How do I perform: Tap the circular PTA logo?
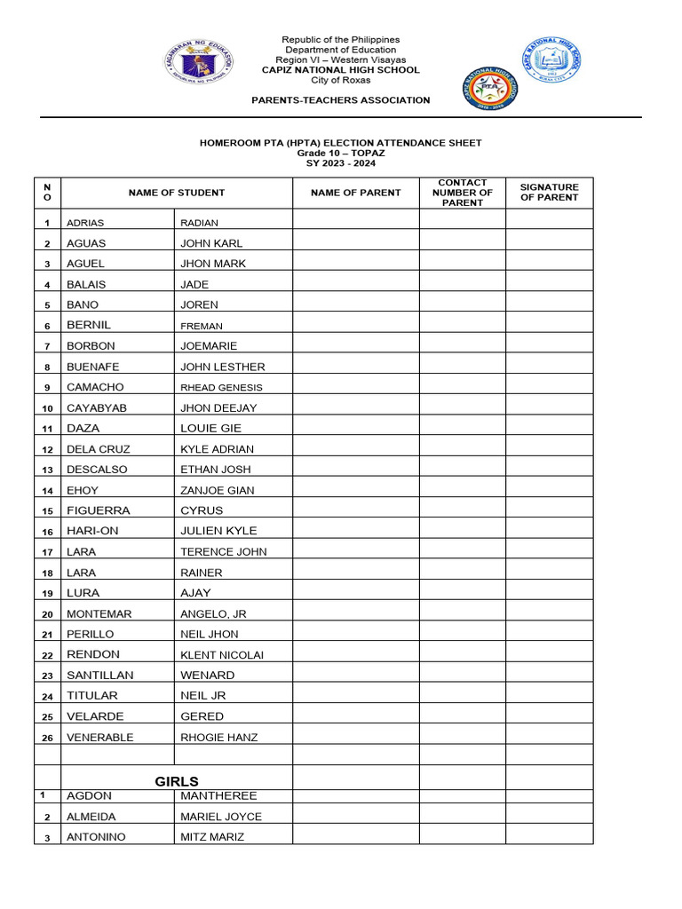[489, 90]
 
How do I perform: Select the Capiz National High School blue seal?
[551, 60]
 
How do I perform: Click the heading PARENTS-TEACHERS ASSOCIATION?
[341, 100]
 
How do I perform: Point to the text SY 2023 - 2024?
[341, 163]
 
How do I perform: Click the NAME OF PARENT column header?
[355, 193]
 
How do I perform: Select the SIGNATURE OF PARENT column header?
[549, 193]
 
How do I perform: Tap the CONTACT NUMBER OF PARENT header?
[463, 193]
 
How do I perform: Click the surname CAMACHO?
[95, 387]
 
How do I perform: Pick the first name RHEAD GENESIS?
[221, 388]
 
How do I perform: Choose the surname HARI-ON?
[92, 531]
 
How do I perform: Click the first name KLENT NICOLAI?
[222, 655]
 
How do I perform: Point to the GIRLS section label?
[177, 781]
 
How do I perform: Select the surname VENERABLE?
[99, 738]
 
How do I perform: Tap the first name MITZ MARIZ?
[212, 837]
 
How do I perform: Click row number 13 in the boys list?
[47, 470]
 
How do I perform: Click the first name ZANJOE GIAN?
[217, 490]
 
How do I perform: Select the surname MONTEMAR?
[99, 613]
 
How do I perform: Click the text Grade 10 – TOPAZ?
[341, 153]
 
